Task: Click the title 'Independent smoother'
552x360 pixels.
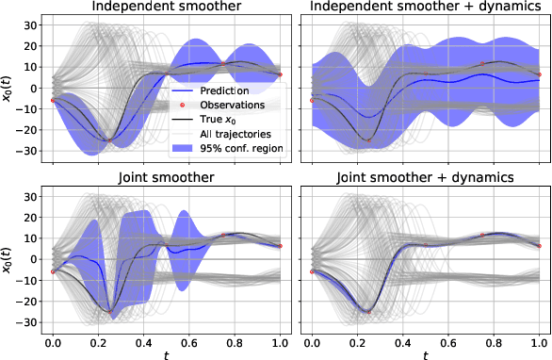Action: (x=167, y=8)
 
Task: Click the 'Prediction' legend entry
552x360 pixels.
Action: (x=218, y=90)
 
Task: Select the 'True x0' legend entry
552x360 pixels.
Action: (x=214, y=119)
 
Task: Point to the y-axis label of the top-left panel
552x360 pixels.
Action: (x=8, y=89)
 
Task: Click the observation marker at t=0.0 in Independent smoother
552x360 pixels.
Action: (x=54, y=100)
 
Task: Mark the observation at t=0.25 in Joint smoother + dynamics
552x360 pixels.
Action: (x=368, y=310)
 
